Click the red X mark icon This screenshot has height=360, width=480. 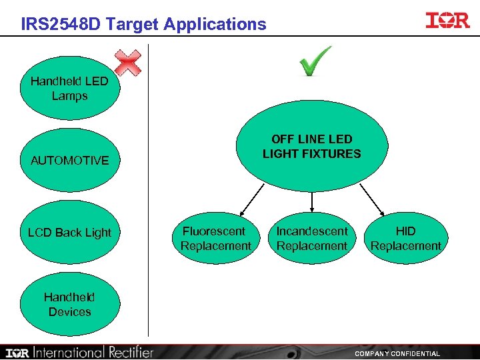tap(127, 63)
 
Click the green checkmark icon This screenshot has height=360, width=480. tap(315, 61)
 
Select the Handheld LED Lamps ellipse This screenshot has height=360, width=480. tap(70, 89)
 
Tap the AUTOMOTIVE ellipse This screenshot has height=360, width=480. tap(70, 161)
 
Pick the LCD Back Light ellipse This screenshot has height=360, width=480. tap(70, 233)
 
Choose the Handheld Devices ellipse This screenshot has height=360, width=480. tap(70, 305)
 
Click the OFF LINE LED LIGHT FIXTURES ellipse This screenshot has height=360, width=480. tap(312, 147)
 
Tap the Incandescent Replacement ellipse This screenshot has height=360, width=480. tap(312, 238)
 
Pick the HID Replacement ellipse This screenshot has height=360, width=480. tap(405, 238)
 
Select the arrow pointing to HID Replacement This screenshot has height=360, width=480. tap(371, 199)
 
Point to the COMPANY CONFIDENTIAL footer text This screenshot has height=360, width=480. tap(397, 353)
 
